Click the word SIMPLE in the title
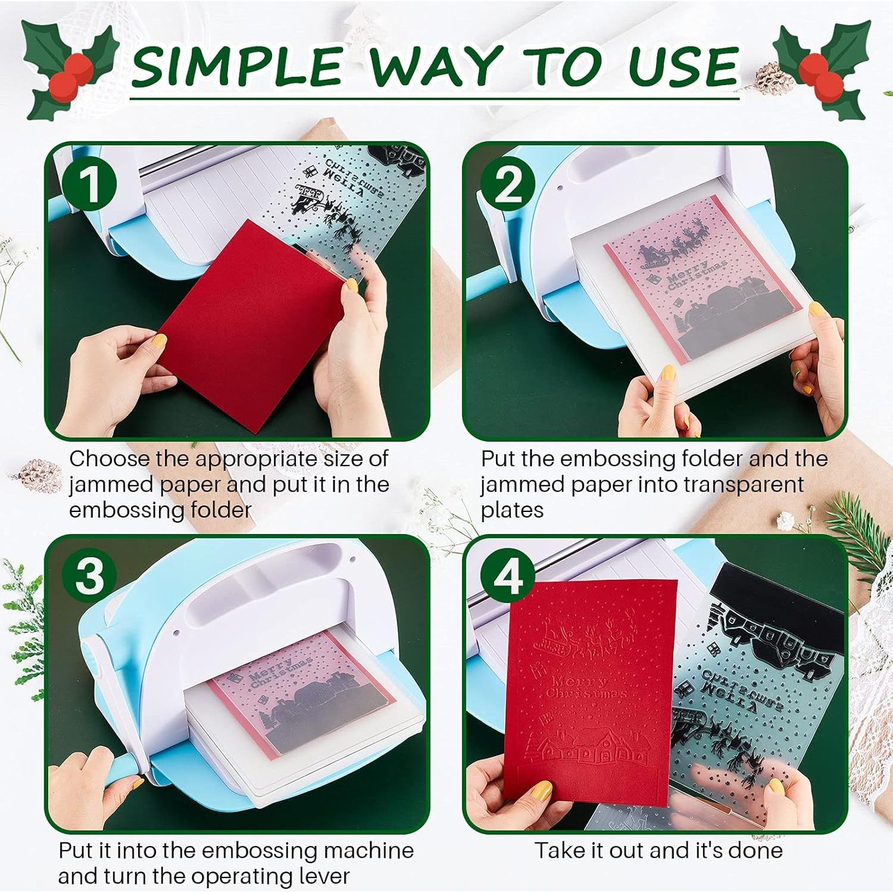click(237, 67)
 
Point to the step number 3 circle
click(89, 576)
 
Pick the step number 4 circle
click(508, 576)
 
